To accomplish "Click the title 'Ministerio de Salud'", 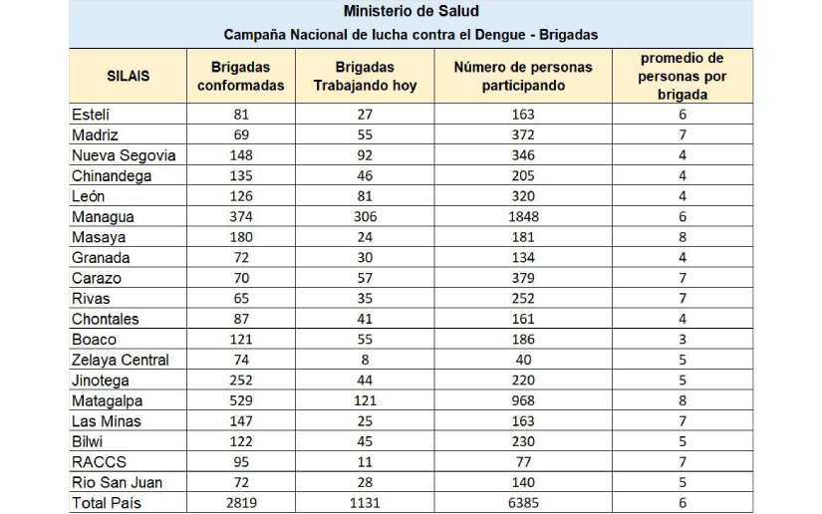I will click(411, 12).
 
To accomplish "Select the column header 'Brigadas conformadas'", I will click(240, 77).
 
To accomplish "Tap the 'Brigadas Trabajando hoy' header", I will click(365, 77).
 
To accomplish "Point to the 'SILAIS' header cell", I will click(128, 77).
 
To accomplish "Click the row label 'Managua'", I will click(103, 216).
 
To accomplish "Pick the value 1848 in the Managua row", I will click(523, 216).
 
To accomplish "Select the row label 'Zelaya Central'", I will click(121, 360).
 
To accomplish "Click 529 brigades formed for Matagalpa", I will click(240, 400).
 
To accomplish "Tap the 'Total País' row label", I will click(107, 503).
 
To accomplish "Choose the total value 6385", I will click(523, 503).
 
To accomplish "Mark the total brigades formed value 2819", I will click(240, 503).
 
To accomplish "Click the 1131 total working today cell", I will click(365, 503).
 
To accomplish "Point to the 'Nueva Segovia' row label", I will click(124, 154).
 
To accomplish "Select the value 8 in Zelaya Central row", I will click(365, 360).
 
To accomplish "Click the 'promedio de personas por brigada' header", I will click(683, 77).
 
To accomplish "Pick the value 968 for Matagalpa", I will click(523, 400).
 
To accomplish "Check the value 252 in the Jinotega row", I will click(240, 380).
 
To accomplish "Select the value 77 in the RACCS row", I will click(523, 462).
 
